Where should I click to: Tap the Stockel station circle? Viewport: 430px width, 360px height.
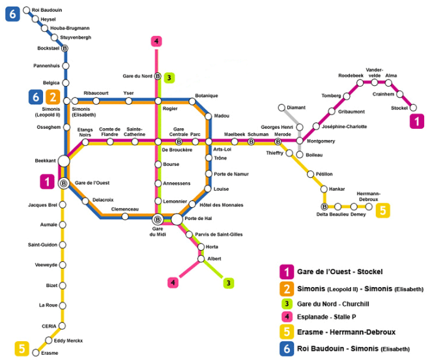tap(412, 108)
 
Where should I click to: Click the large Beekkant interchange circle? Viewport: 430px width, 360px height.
tap(64, 161)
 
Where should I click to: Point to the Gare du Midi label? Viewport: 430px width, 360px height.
tap(157, 232)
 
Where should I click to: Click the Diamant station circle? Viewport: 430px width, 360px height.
tap(281, 107)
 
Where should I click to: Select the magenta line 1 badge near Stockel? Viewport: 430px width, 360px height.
tap(415, 121)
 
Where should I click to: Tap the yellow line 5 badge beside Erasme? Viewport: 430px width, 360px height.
tap(22, 349)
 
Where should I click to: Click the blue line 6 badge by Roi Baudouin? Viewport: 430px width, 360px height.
tap(12, 13)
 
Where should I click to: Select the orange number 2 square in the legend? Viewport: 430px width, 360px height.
tap(286, 288)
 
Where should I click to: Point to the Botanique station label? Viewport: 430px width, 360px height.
tap(207, 96)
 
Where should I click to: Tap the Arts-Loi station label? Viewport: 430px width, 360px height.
tap(223, 150)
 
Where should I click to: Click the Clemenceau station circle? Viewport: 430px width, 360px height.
tap(125, 216)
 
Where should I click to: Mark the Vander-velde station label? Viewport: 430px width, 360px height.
tap(375, 72)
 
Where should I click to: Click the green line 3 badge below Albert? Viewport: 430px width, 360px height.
tap(229, 283)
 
